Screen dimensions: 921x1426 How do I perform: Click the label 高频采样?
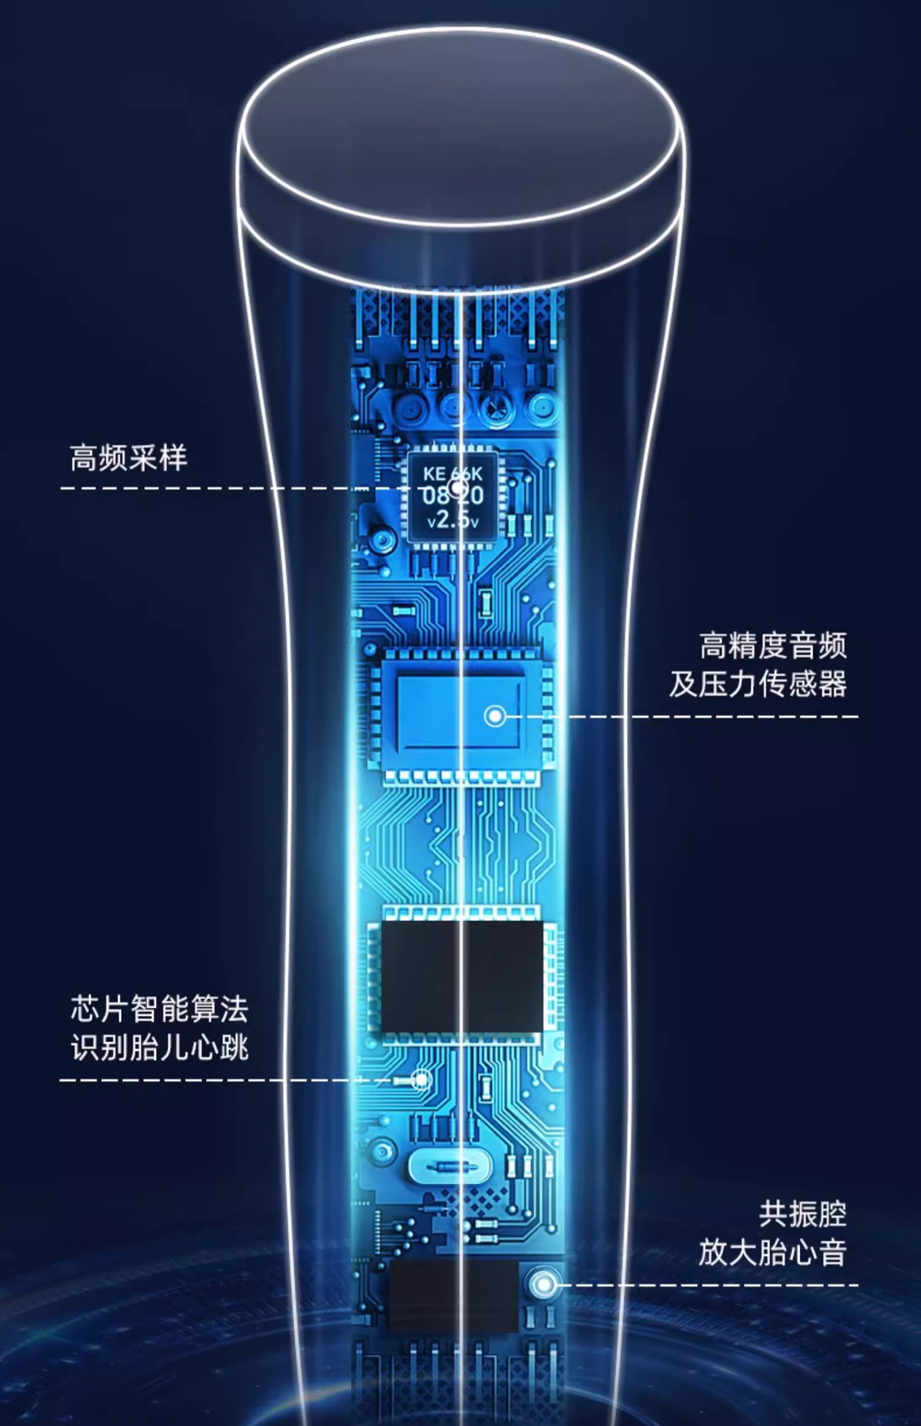pos(128,458)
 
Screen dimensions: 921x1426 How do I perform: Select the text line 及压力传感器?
pos(758,684)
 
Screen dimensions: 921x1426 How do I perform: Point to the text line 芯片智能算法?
pos(159,1009)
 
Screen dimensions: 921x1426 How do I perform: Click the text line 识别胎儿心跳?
pos(159,1048)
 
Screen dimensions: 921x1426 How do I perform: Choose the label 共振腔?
pos(802,1214)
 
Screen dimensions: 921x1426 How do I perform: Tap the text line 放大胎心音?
pos(772,1253)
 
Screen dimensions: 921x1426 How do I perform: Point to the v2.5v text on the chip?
pos(453,521)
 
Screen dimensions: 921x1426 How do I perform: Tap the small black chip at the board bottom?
pos(454,1296)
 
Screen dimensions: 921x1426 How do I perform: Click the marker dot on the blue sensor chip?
pos(495,716)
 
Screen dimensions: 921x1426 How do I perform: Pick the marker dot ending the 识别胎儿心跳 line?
pos(421,1079)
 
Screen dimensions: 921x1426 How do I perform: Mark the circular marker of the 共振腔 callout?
pos(544,1284)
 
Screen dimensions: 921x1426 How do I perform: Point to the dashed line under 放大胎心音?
pos(706,1284)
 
